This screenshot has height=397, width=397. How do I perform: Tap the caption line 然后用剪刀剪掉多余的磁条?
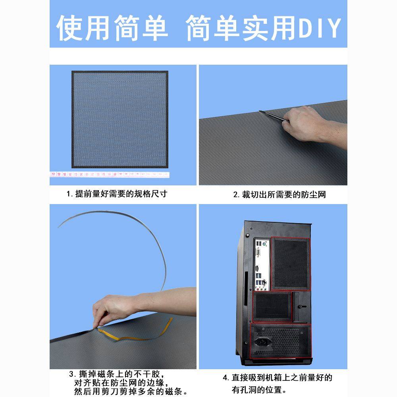[x=128, y=392]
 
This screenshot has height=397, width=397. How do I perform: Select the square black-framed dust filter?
[x=120, y=119]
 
